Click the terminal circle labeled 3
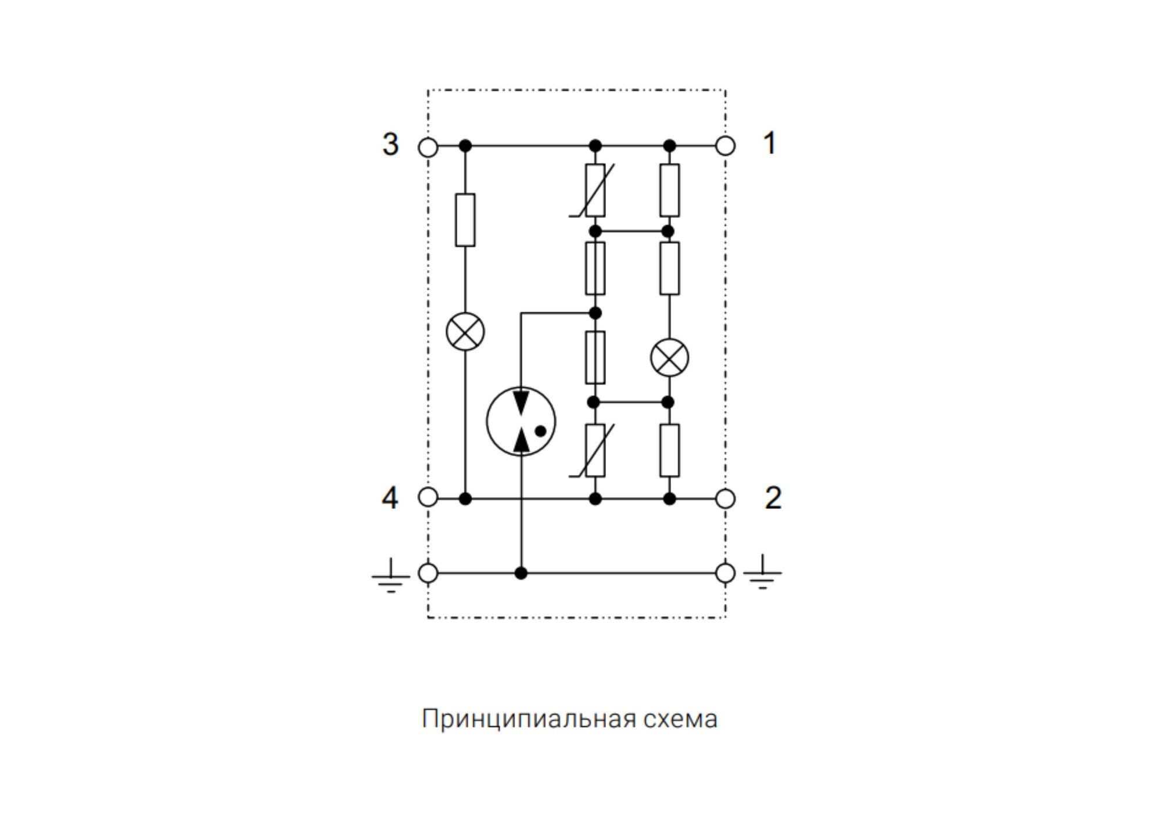428,147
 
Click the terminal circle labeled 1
725,146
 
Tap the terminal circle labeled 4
428,497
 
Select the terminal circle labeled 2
725,498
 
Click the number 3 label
390,144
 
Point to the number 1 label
769,143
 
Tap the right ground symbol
762,573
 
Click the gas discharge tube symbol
521,421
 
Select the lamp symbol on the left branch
465,331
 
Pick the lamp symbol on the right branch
669,357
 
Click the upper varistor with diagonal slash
595,191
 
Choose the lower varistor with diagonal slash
595,450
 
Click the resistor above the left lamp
465,220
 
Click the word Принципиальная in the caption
528,719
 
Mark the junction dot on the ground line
521,573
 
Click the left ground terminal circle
428,573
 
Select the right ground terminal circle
725,573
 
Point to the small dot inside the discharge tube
540,431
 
